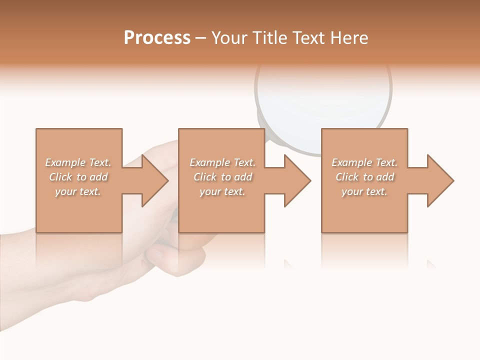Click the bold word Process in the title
point(157,38)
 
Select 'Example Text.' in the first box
point(78,162)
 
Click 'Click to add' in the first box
point(78,177)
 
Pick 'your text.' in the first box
point(78,191)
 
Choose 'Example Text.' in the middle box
point(222,162)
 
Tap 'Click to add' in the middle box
point(222,177)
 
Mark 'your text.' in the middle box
point(222,191)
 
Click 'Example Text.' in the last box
point(364,162)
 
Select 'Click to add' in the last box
point(364,177)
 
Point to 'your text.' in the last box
point(364,191)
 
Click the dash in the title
point(201,38)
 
